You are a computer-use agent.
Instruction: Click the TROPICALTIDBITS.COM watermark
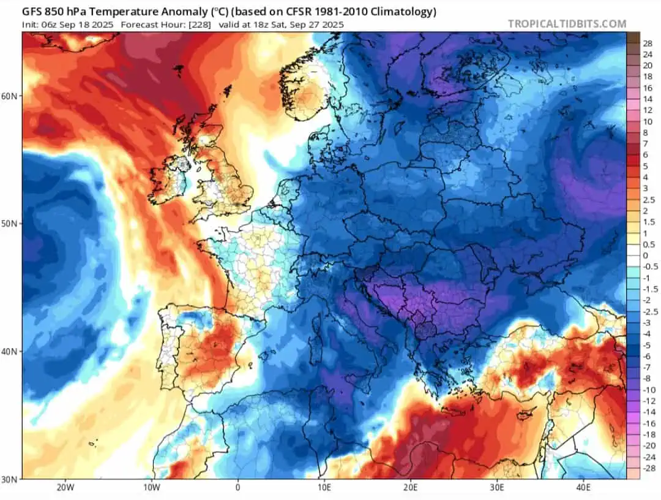(x=567, y=24)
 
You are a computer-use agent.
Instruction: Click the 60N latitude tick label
(x=9, y=96)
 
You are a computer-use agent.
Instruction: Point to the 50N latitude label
(x=9, y=223)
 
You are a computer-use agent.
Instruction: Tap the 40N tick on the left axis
(x=9, y=351)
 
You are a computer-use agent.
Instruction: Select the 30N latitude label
(x=9, y=479)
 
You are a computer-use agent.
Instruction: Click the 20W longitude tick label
(x=65, y=488)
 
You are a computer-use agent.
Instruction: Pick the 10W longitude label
(x=152, y=488)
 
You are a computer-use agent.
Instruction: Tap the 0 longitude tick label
(x=237, y=488)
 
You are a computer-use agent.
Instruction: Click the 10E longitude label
(x=324, y=488)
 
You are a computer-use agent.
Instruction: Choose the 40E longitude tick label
(x=583, y=488)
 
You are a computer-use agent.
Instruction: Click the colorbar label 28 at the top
(x=648, y=44)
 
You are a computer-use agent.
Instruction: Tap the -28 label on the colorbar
(x=648, y=468)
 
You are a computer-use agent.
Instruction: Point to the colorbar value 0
(x=646, y=256)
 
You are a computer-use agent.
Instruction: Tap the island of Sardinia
(x=315, y=350)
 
